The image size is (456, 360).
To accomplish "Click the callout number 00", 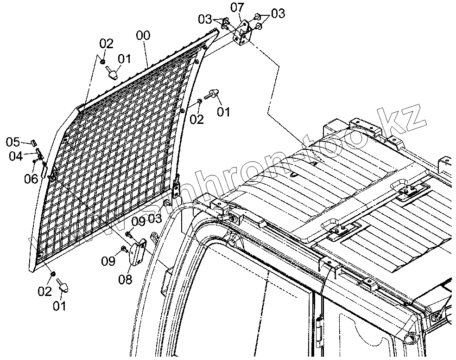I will click(143, 36).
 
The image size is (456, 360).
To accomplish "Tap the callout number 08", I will click(126, 279).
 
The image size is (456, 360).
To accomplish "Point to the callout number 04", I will click(16, 156).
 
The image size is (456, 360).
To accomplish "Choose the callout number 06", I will click(31, 178).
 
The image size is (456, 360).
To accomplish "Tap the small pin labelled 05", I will click(34, 141).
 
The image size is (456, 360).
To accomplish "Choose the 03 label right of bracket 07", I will click(278, 13).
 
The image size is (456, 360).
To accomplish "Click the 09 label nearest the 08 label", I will click(108, 261).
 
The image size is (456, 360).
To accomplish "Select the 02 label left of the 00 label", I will click(106, 44).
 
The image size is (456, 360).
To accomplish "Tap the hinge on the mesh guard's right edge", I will click(176, 189).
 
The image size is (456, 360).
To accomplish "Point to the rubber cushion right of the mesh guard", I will click(214, 94).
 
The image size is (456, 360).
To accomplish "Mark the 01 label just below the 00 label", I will click(124, 59).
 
